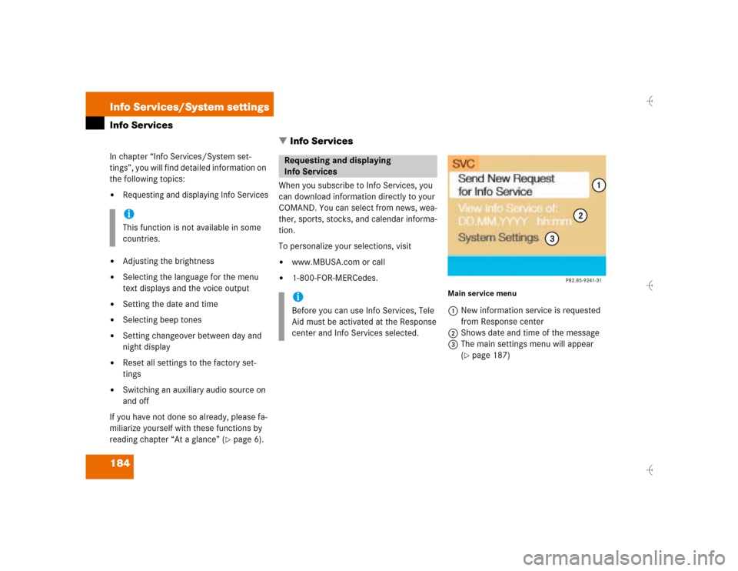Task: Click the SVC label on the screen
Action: [464, 164]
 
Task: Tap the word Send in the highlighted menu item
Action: [473, 179]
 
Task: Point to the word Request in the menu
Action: [531, 179]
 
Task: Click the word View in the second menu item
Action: [471, 209]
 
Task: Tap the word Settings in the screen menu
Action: [519, 238]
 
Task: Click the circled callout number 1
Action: [597, 185]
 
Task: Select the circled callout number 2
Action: [580, 215]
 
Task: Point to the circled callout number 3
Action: [551, 239]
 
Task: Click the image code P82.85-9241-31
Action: [583, 281]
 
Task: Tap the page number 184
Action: [121, 466]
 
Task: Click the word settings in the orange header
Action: [246, 107]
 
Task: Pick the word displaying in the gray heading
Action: [371, 161]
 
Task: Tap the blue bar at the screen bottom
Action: [526, 266]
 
